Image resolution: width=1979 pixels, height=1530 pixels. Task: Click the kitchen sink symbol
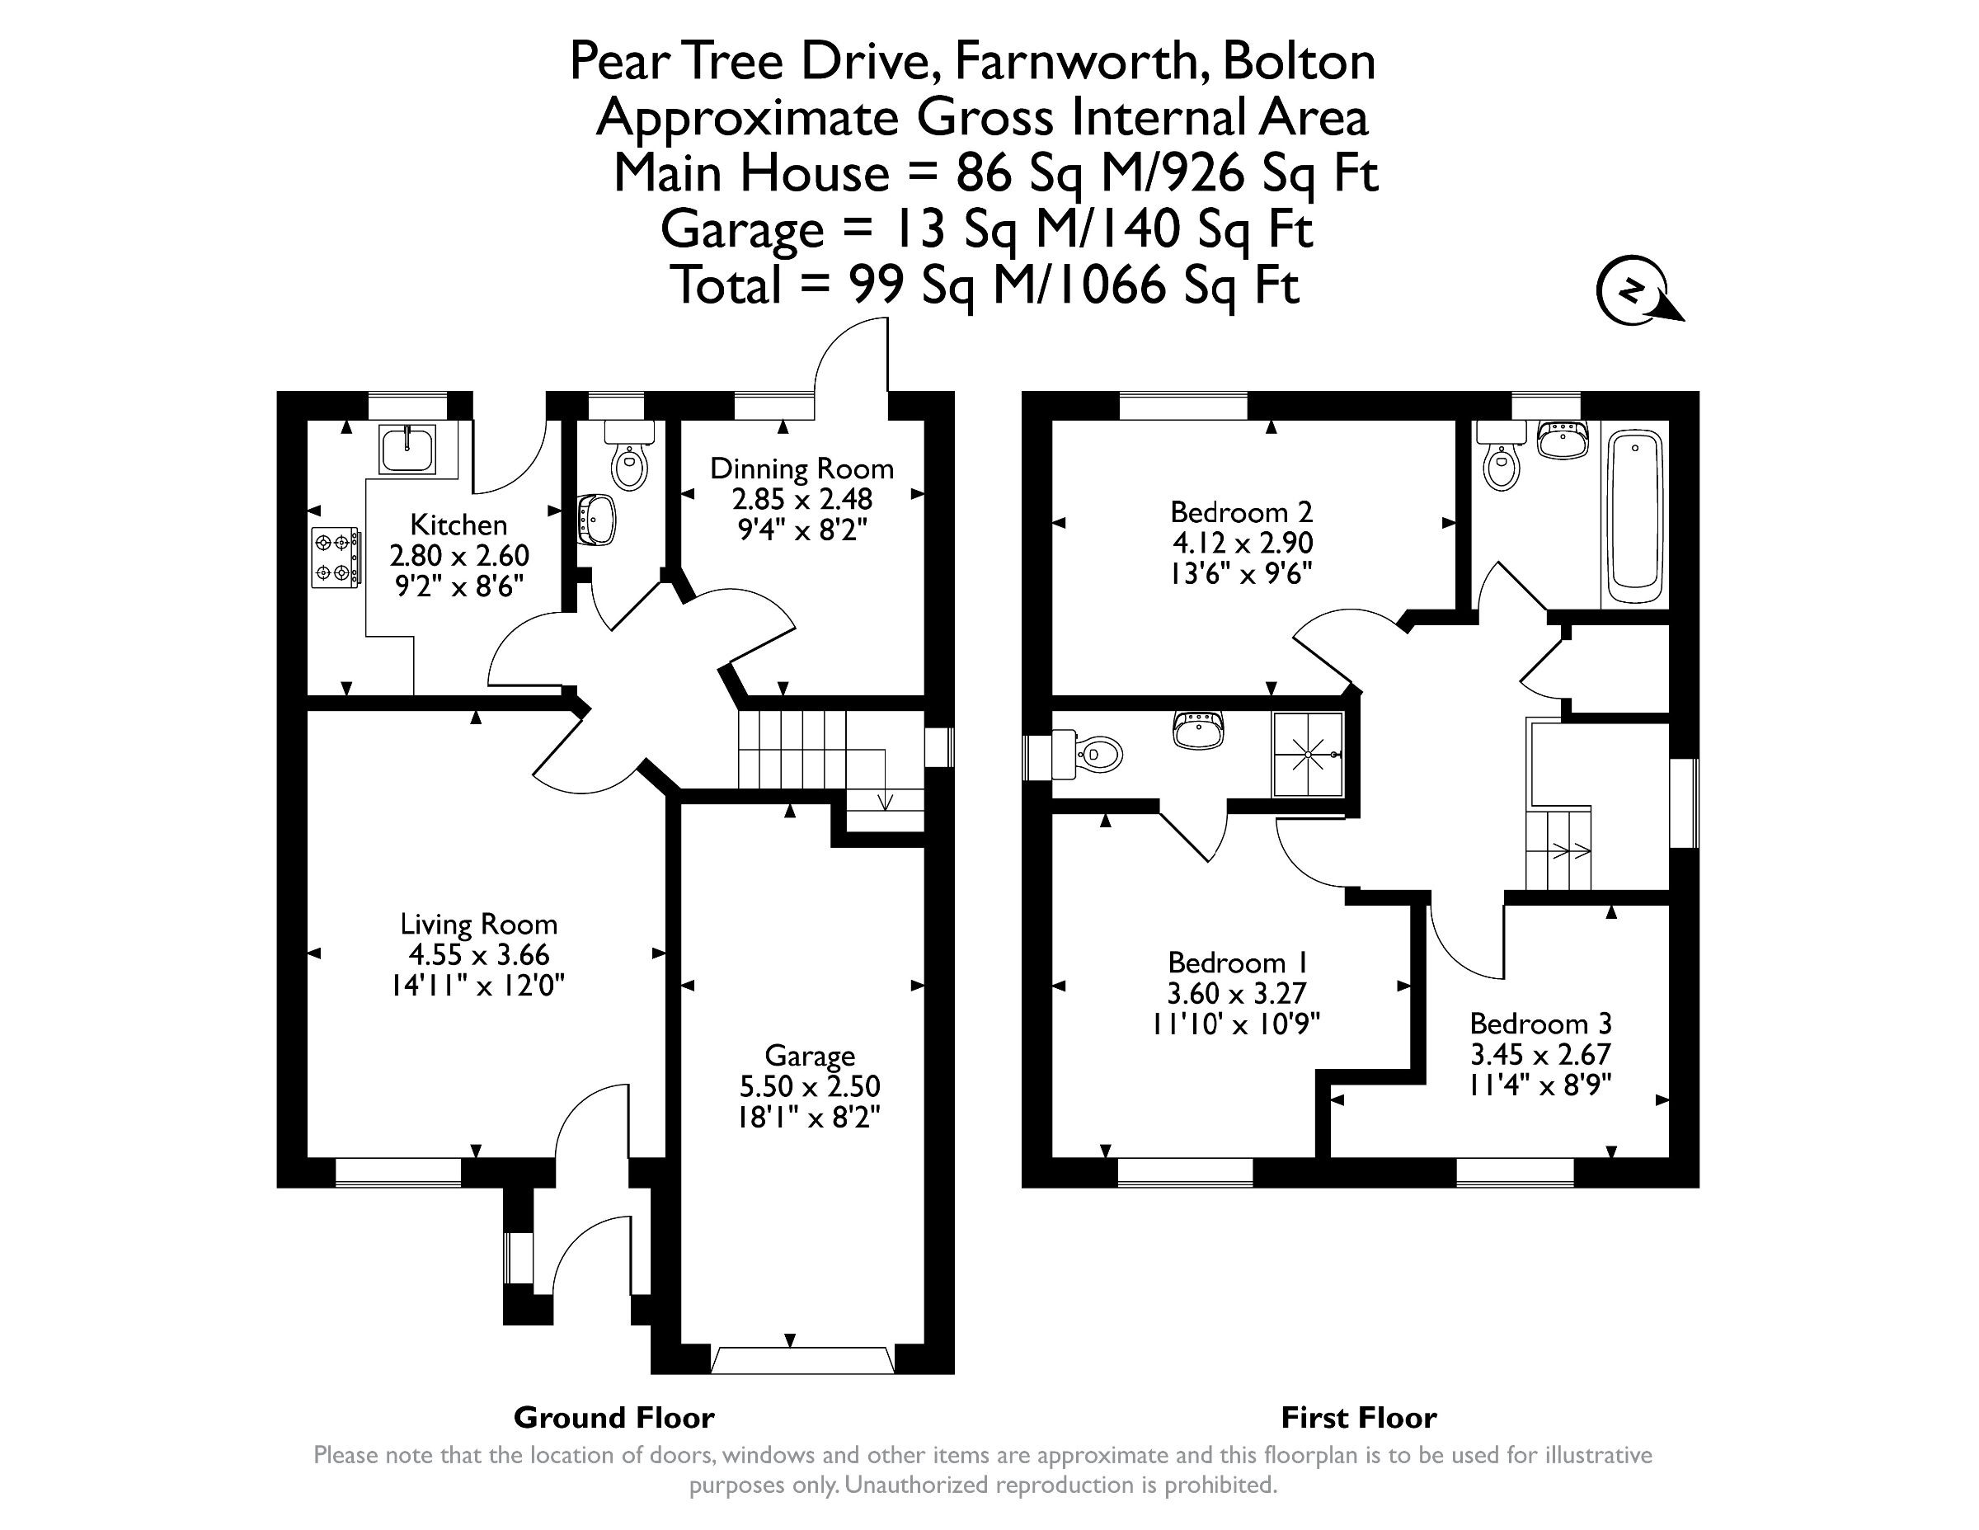(409, 449)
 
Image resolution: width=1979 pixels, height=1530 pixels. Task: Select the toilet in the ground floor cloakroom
(630, 459)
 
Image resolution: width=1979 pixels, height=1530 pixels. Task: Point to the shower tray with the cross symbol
(1308, 754)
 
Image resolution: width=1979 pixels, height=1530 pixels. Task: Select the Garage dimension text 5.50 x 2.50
(809, 1086)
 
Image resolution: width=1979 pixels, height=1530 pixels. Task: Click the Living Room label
(478, 925)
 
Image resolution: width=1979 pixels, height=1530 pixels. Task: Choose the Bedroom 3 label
(1540, 1024)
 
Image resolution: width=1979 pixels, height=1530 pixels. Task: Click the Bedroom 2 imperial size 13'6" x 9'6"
(1241, 574)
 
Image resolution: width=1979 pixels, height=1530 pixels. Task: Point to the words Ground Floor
(613, 1417)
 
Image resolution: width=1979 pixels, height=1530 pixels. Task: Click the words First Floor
(1358, 1417)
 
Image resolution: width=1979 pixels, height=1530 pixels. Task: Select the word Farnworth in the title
(1075, 62)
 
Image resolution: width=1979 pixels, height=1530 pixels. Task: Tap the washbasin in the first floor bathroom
(1563, 440)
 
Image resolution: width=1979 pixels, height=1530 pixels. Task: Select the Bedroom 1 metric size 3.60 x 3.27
(1237, 993)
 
